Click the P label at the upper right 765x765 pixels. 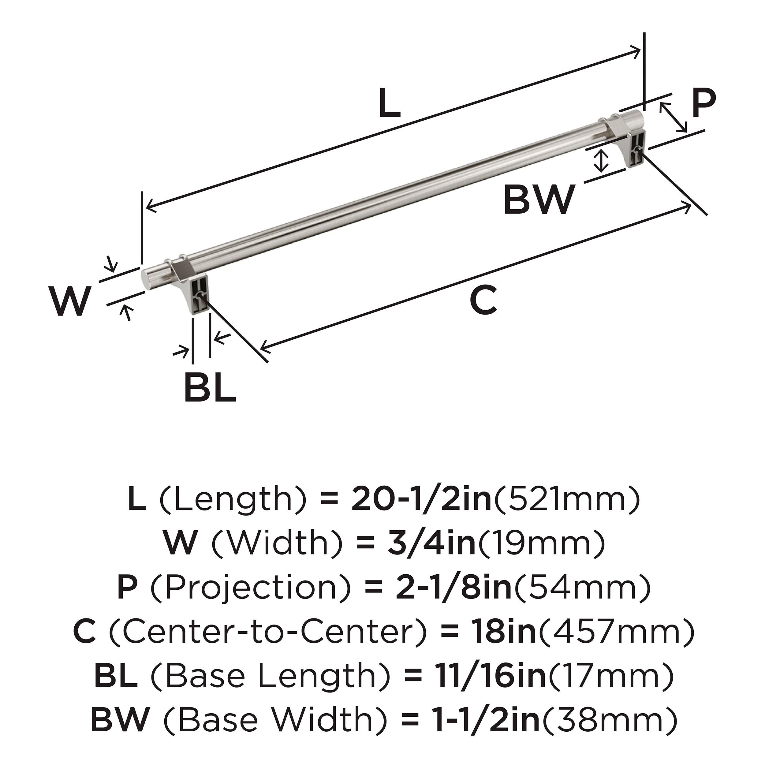click(703, 104)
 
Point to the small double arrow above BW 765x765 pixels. click(602, 161)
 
